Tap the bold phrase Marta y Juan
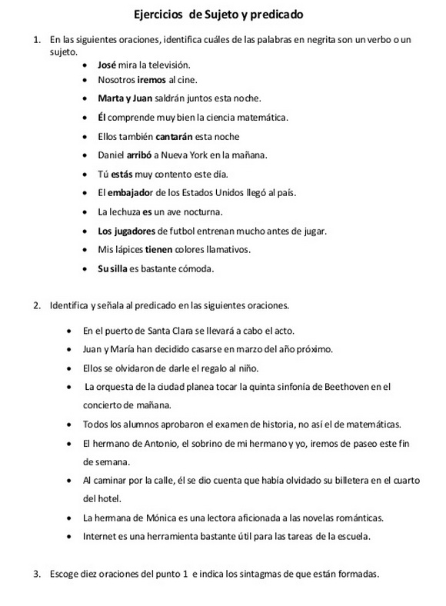point(124,98)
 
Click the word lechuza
point(125,211)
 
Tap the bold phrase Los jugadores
point(127,231)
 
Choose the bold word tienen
point(162,249)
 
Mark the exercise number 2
point(36,305)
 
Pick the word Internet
point(101,535)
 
